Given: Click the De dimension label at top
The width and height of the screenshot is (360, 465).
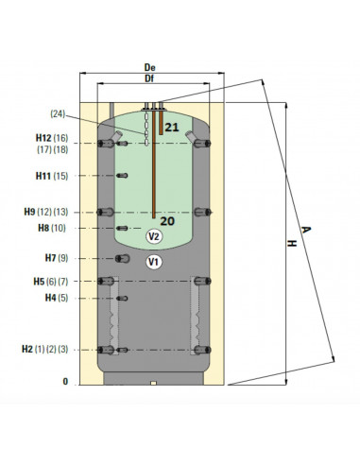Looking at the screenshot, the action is coord(149,67).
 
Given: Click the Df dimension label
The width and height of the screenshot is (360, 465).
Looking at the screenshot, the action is coord(149,78).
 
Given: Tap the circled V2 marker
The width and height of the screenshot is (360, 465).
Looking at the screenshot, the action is coord(154,236).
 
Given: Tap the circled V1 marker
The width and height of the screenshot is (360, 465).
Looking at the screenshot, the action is coord(154,262).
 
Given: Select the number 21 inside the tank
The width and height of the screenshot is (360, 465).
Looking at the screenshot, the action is coord(172,128).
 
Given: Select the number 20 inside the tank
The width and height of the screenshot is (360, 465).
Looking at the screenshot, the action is coord(167,221).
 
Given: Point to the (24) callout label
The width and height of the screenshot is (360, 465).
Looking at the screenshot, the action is coord(58,113).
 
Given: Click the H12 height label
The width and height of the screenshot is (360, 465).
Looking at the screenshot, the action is coord(43,138).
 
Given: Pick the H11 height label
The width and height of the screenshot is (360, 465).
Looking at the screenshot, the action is coord(43,176).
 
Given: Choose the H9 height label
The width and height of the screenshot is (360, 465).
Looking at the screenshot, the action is coord(29,212).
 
